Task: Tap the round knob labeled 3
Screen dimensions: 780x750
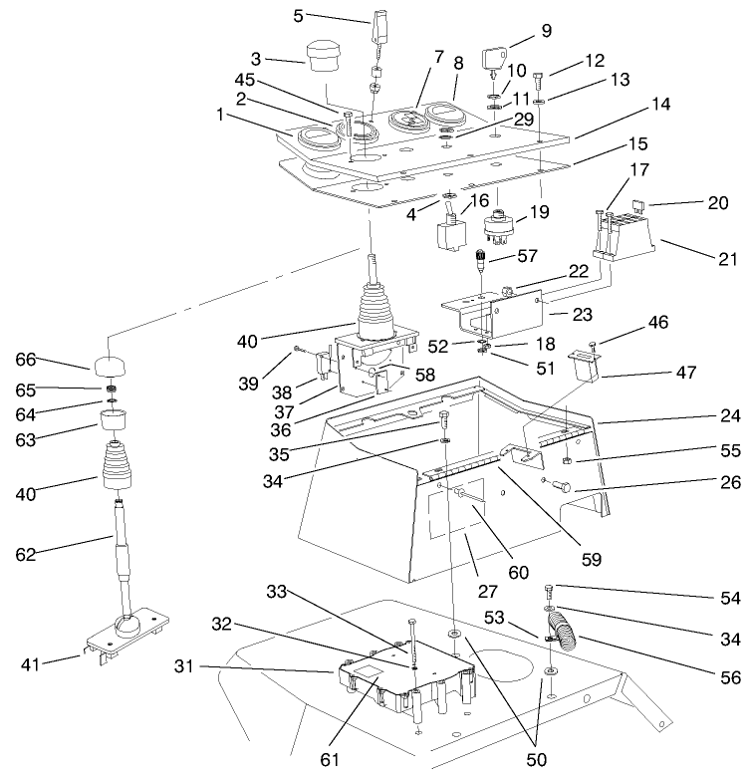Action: [323, 57]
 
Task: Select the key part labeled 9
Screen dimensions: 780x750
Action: [495, 59]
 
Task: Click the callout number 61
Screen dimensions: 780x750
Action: [330, 760]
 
